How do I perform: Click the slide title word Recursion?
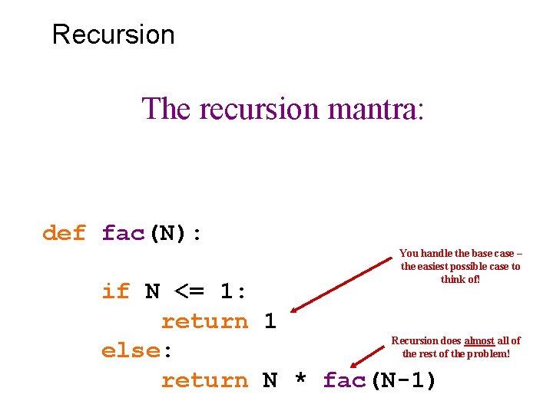113,34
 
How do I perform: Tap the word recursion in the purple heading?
258,109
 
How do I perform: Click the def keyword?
64,233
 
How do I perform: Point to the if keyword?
116,291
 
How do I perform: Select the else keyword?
131,350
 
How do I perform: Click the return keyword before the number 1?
204,321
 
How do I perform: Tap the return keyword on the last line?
204,380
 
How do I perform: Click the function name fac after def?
123,233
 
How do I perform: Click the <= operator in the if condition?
190,291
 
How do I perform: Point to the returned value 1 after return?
270,321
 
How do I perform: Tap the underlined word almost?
479,340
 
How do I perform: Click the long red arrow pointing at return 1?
341,284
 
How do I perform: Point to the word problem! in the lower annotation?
488,353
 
